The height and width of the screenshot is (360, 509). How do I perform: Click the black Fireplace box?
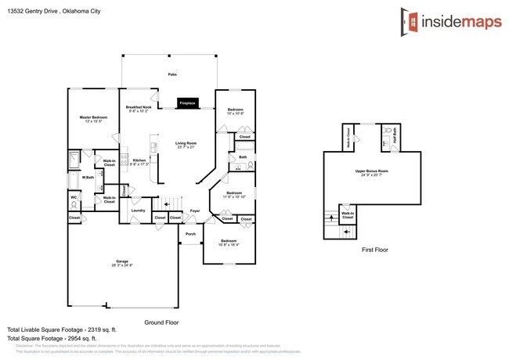click(187, 103)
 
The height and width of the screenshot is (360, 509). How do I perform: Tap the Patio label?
click(172, 74)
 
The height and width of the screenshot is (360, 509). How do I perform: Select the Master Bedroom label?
click(93, 117)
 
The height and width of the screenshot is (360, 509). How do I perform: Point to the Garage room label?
click(122, 262)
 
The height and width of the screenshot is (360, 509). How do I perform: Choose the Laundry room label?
click(139, 210)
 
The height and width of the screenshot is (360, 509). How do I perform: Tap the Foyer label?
click(194, 210)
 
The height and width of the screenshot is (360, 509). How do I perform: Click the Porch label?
click(190, 233)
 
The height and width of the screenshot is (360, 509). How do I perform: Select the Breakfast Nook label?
click(139, 106)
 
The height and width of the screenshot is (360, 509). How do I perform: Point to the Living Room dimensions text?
click(186, 147)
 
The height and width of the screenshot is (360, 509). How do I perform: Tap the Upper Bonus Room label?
click(372, 170)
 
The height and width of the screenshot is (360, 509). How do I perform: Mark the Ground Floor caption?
click(162, 322)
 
